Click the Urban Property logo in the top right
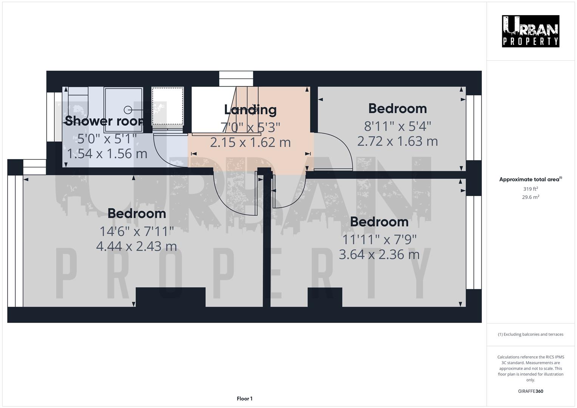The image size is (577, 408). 531,31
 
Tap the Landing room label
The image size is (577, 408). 250,110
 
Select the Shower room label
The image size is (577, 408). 104,121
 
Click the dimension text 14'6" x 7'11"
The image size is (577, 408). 136,231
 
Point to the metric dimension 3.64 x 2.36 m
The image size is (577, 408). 379,255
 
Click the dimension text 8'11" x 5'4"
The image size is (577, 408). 398,126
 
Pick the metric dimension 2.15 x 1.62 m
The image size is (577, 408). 250,142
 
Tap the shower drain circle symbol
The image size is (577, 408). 128,110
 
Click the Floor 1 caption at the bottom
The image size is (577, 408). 244,399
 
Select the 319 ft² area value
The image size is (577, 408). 531,189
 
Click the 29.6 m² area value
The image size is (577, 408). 531,197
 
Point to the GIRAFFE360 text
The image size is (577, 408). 531,391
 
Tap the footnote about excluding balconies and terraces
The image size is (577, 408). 531,334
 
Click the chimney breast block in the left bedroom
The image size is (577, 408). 170,297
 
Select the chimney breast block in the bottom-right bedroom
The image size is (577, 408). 325,297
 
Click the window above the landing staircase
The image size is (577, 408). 236,79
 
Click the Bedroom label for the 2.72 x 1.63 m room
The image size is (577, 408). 398,108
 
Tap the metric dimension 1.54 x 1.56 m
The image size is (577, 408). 107,154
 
